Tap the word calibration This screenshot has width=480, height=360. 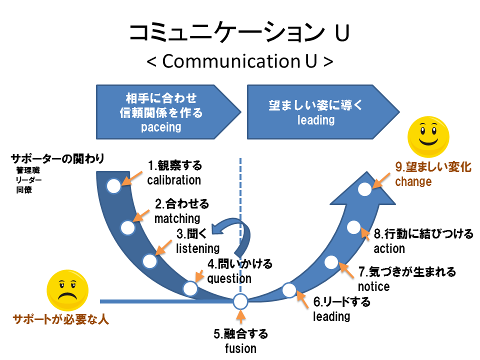point(174,180)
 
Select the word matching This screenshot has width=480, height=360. point(177,218)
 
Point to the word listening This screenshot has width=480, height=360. point(197,248)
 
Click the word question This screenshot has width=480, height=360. point(229,278)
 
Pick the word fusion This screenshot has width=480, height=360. point(240,348)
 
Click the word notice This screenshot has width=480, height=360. point(373,286)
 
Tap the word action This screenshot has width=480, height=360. point(389,248)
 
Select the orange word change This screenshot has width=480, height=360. point(413,181)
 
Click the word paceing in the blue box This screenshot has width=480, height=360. point(160,127)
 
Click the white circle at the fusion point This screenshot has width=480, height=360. point(240,301)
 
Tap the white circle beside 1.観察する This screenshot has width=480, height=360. point(113,186)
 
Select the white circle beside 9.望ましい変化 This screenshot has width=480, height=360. point(365,189)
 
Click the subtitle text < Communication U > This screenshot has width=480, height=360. point(240,61)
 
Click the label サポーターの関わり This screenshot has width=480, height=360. point(57,159)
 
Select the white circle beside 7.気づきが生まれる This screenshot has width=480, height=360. point(331,261)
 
